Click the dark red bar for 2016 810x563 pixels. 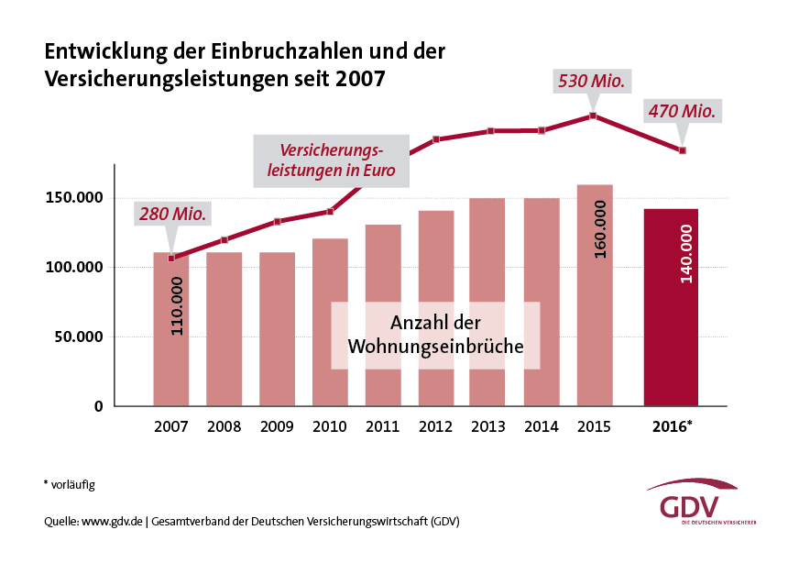[x=671, y=307]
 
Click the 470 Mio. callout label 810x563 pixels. [x=682, y=112]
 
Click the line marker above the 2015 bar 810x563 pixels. [x=593, y=116]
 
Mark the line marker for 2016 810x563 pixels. [x=683, y=150]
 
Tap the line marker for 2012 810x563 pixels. [x=436, y=139]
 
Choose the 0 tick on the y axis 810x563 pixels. [x=98, y=406]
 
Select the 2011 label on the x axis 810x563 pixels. [x=382, y=427]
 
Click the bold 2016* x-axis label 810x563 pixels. [x=672, y=427]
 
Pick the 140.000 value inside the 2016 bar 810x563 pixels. [x=685, y=253]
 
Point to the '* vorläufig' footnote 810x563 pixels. [x=70, y=483]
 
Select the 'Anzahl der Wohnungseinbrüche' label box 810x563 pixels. [x=435, y=336]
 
